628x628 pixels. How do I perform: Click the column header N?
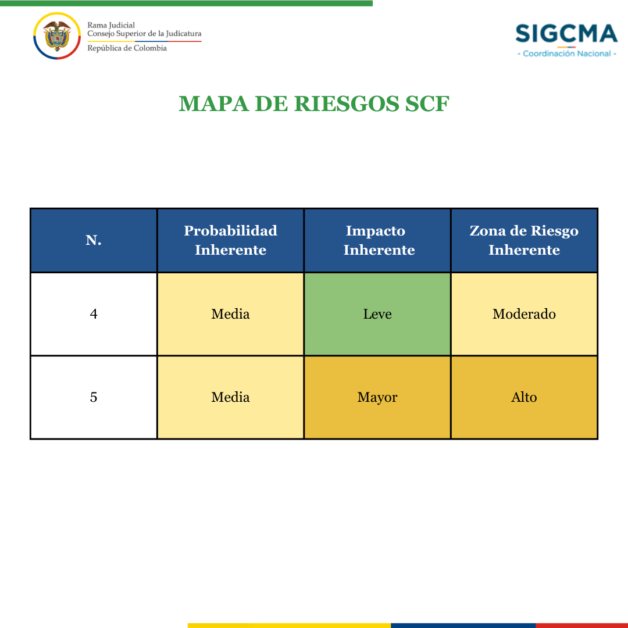click(94, 240)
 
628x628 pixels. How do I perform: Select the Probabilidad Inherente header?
click(230, 240)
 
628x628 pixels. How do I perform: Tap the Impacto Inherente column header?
click(377, 240)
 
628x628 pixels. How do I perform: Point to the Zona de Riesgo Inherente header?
click(524, 240)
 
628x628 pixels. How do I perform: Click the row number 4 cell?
click(94, 314)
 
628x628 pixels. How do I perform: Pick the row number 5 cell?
click(94, 397)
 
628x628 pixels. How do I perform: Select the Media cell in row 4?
click(230, 314)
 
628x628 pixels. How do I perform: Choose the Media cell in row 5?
click(230, 397)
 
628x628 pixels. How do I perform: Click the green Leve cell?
click(377, 314)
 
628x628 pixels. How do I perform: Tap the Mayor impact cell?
click(377, 397)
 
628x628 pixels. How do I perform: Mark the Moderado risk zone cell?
click(524, 314)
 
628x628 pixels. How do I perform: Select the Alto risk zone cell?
click(524, 397)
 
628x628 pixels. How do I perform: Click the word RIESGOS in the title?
click(347, 104)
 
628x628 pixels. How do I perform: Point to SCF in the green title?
click(427, 104)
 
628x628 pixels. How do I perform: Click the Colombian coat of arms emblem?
click(57, 35)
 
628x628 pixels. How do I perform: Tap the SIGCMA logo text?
click(566, 33)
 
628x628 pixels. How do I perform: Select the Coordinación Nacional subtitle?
click(567, 53)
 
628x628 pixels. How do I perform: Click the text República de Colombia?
click(127, 48)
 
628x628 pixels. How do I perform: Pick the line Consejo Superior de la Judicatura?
click(144, 34)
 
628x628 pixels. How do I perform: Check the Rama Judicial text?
click(111, 25)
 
